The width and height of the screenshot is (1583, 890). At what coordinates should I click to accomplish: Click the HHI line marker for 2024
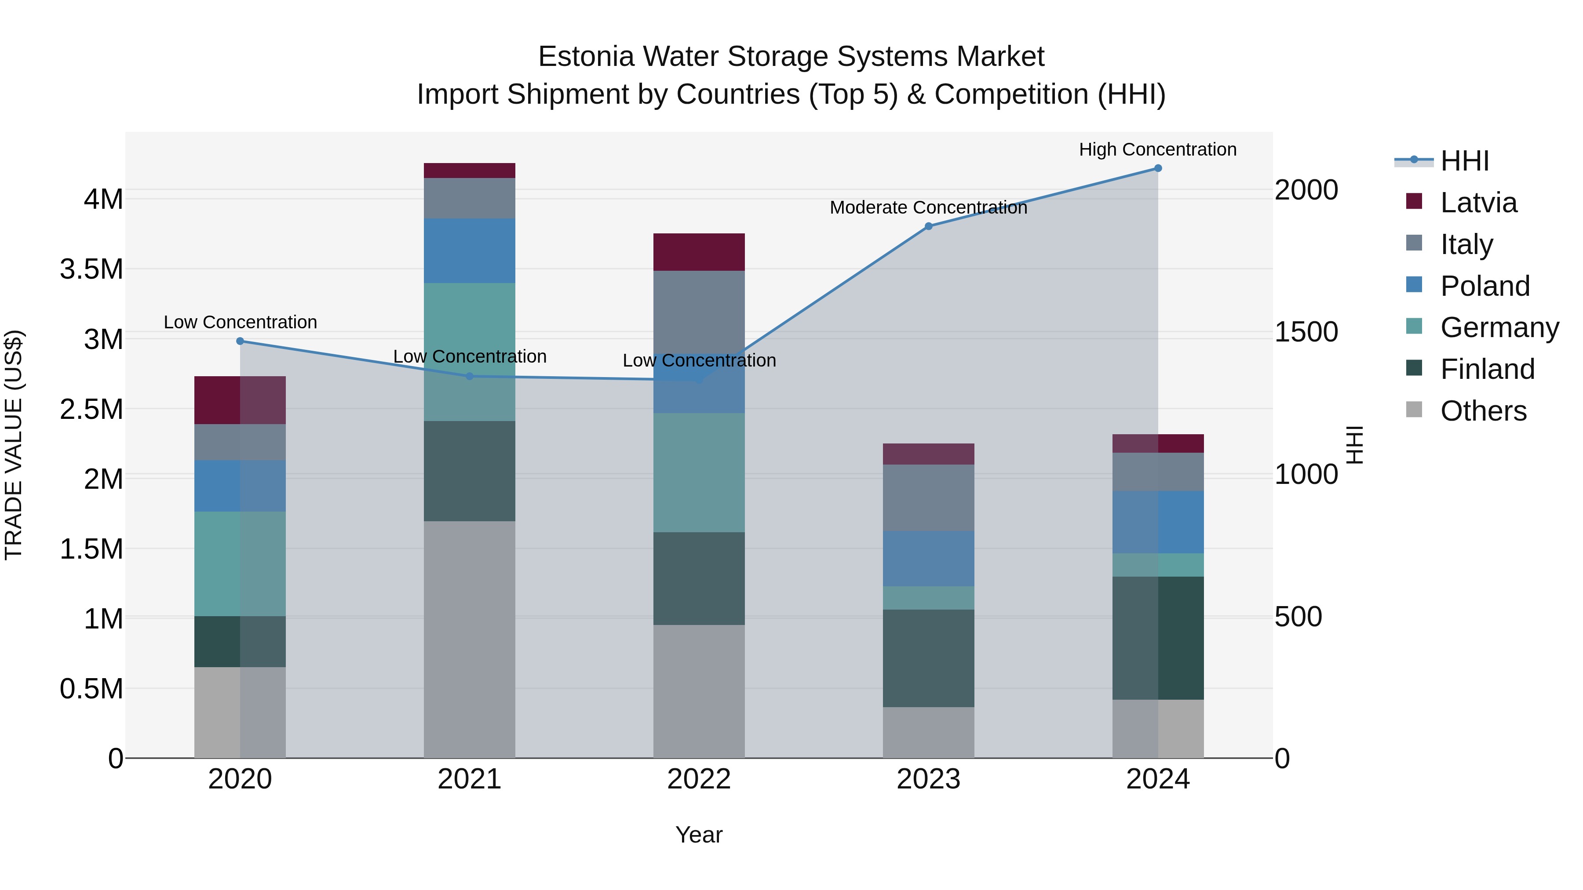[x=1157, y=168]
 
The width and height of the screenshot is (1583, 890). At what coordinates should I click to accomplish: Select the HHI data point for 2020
[x=240, y=341]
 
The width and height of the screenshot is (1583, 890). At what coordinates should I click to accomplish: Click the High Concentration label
[x=1157, y=149]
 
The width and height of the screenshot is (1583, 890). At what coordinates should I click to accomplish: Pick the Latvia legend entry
[x=1478, y=203]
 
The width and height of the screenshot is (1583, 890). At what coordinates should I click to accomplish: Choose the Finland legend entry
[x=1487, y=369]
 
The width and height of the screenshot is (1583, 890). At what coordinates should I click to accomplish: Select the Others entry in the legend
[x=1483, y=411]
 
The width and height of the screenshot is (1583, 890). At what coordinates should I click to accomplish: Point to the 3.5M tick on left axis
[x=91, y=269]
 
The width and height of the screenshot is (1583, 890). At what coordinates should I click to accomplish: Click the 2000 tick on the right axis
[x=1306, y=190]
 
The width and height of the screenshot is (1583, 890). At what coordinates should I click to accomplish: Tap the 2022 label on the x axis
[x=699, y=779]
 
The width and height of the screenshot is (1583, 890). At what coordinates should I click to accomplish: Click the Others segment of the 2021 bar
[x=470, y=639]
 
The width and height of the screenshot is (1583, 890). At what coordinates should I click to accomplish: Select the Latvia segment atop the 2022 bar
[x=699, y=252]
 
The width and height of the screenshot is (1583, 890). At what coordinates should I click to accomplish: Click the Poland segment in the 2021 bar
[x=470, y=251]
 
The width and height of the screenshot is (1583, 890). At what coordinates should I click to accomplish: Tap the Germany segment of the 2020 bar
[x=240, y=563]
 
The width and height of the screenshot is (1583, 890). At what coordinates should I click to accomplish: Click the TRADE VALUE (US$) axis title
[x=14, y=445]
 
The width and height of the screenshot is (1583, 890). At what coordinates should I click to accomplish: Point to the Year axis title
[x=699, y=835]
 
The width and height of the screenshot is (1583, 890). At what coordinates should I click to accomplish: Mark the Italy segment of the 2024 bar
[x=1157, y=472]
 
